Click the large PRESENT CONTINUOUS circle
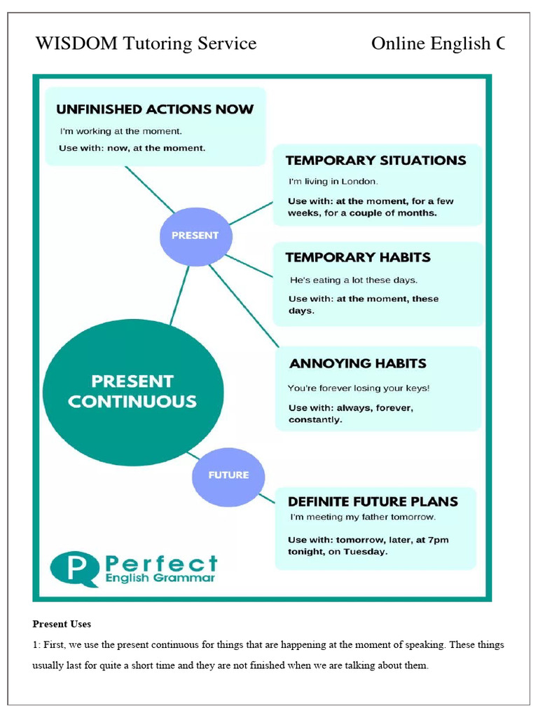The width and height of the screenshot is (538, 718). click(133, 392)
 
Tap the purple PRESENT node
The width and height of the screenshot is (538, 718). click(195, 236)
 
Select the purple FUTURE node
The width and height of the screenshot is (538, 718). click(228, 475)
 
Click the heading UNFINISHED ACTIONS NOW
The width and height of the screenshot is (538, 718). click(155, 109)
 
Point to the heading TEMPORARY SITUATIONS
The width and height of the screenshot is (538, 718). click(375, 161)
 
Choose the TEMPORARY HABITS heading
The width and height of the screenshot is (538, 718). click(358, 257)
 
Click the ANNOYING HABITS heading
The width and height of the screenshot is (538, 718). click(358, 363)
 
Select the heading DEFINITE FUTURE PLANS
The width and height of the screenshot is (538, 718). click(373, 501)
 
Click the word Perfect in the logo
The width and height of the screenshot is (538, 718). click(160, 563)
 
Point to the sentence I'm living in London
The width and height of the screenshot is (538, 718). click(333, 182)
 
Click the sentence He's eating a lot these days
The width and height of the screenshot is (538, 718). click(353, 280)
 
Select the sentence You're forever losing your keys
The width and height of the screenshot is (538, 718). click(359, 388)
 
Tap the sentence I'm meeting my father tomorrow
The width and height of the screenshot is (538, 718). click(362, 517)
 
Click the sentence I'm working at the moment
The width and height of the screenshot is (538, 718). click(120, 131)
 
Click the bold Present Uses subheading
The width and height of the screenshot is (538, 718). click(62, 624)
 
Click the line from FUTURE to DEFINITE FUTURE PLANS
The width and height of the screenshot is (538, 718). click(267, 499)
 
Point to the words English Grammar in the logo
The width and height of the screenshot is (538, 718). click(159, 578)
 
